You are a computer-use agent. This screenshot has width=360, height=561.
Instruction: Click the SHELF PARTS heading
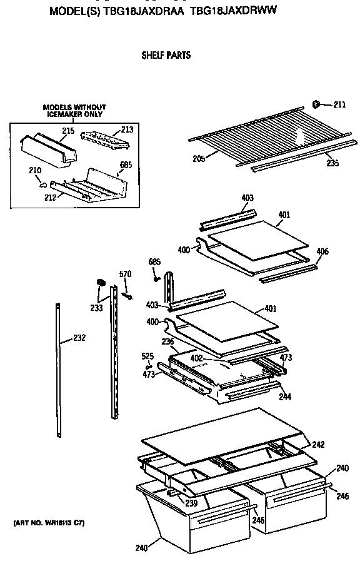[x=166, y=55]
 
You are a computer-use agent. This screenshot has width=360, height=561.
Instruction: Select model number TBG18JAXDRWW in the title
[x=233, y=11]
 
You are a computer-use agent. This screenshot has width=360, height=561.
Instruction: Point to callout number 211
[x=339, y=104]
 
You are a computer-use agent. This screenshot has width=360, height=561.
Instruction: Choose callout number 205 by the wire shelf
[x=199, y=158]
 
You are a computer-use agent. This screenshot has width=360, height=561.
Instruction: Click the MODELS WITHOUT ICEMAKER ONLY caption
[x=74, y=111]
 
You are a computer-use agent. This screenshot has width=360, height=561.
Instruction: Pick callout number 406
[x=322, y=251]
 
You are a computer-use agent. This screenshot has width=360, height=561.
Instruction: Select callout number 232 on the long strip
[x=79, y=338]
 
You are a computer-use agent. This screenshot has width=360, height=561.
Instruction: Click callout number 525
[x=147, y=356]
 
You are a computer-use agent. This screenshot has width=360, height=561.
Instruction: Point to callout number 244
[x=284, y=397]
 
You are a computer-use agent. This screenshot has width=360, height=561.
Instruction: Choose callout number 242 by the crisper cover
[x=318, y=445]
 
